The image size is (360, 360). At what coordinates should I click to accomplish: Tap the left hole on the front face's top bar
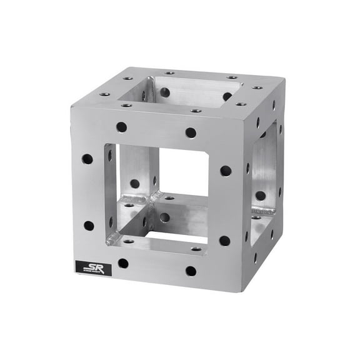click(121, 127)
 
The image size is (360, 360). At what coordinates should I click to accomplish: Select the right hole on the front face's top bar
click(191, 132)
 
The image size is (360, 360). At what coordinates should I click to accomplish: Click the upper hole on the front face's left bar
click(87, 159)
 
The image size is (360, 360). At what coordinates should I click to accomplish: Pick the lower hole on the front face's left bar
click(89, 226)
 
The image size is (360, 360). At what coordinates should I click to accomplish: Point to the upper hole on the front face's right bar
click(226, 170)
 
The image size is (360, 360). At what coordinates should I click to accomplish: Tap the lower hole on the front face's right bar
click(224, 241)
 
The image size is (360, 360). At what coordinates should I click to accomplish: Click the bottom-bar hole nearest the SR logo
click(123, 263)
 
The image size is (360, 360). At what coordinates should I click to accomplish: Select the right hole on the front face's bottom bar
click(191, 271)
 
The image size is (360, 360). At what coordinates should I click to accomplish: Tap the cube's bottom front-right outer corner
click(241, 292)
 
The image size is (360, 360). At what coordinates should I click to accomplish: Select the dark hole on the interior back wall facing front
click(134, 184)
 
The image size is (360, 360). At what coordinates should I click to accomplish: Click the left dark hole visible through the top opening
click(164, 92)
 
